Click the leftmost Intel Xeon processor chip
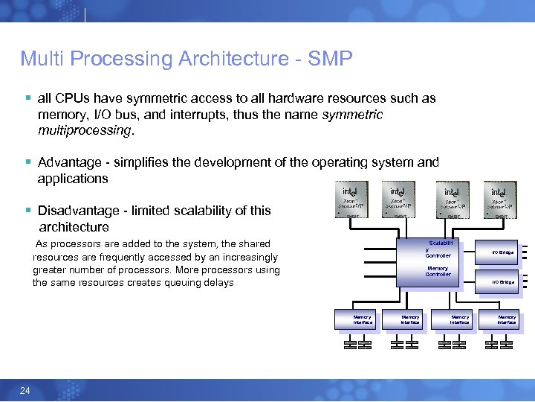[348, 200]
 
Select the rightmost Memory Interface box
[507, 320]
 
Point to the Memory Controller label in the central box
[438, 271]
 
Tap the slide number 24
[25, 390]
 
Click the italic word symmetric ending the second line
[354, 115]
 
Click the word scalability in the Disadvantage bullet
[210, 211]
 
